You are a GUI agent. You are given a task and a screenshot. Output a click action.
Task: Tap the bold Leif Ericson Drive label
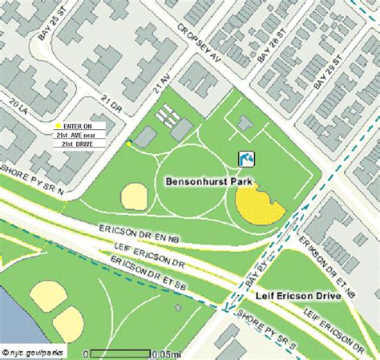[299, 295]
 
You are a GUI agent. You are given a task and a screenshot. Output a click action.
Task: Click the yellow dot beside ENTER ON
[58, 127]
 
